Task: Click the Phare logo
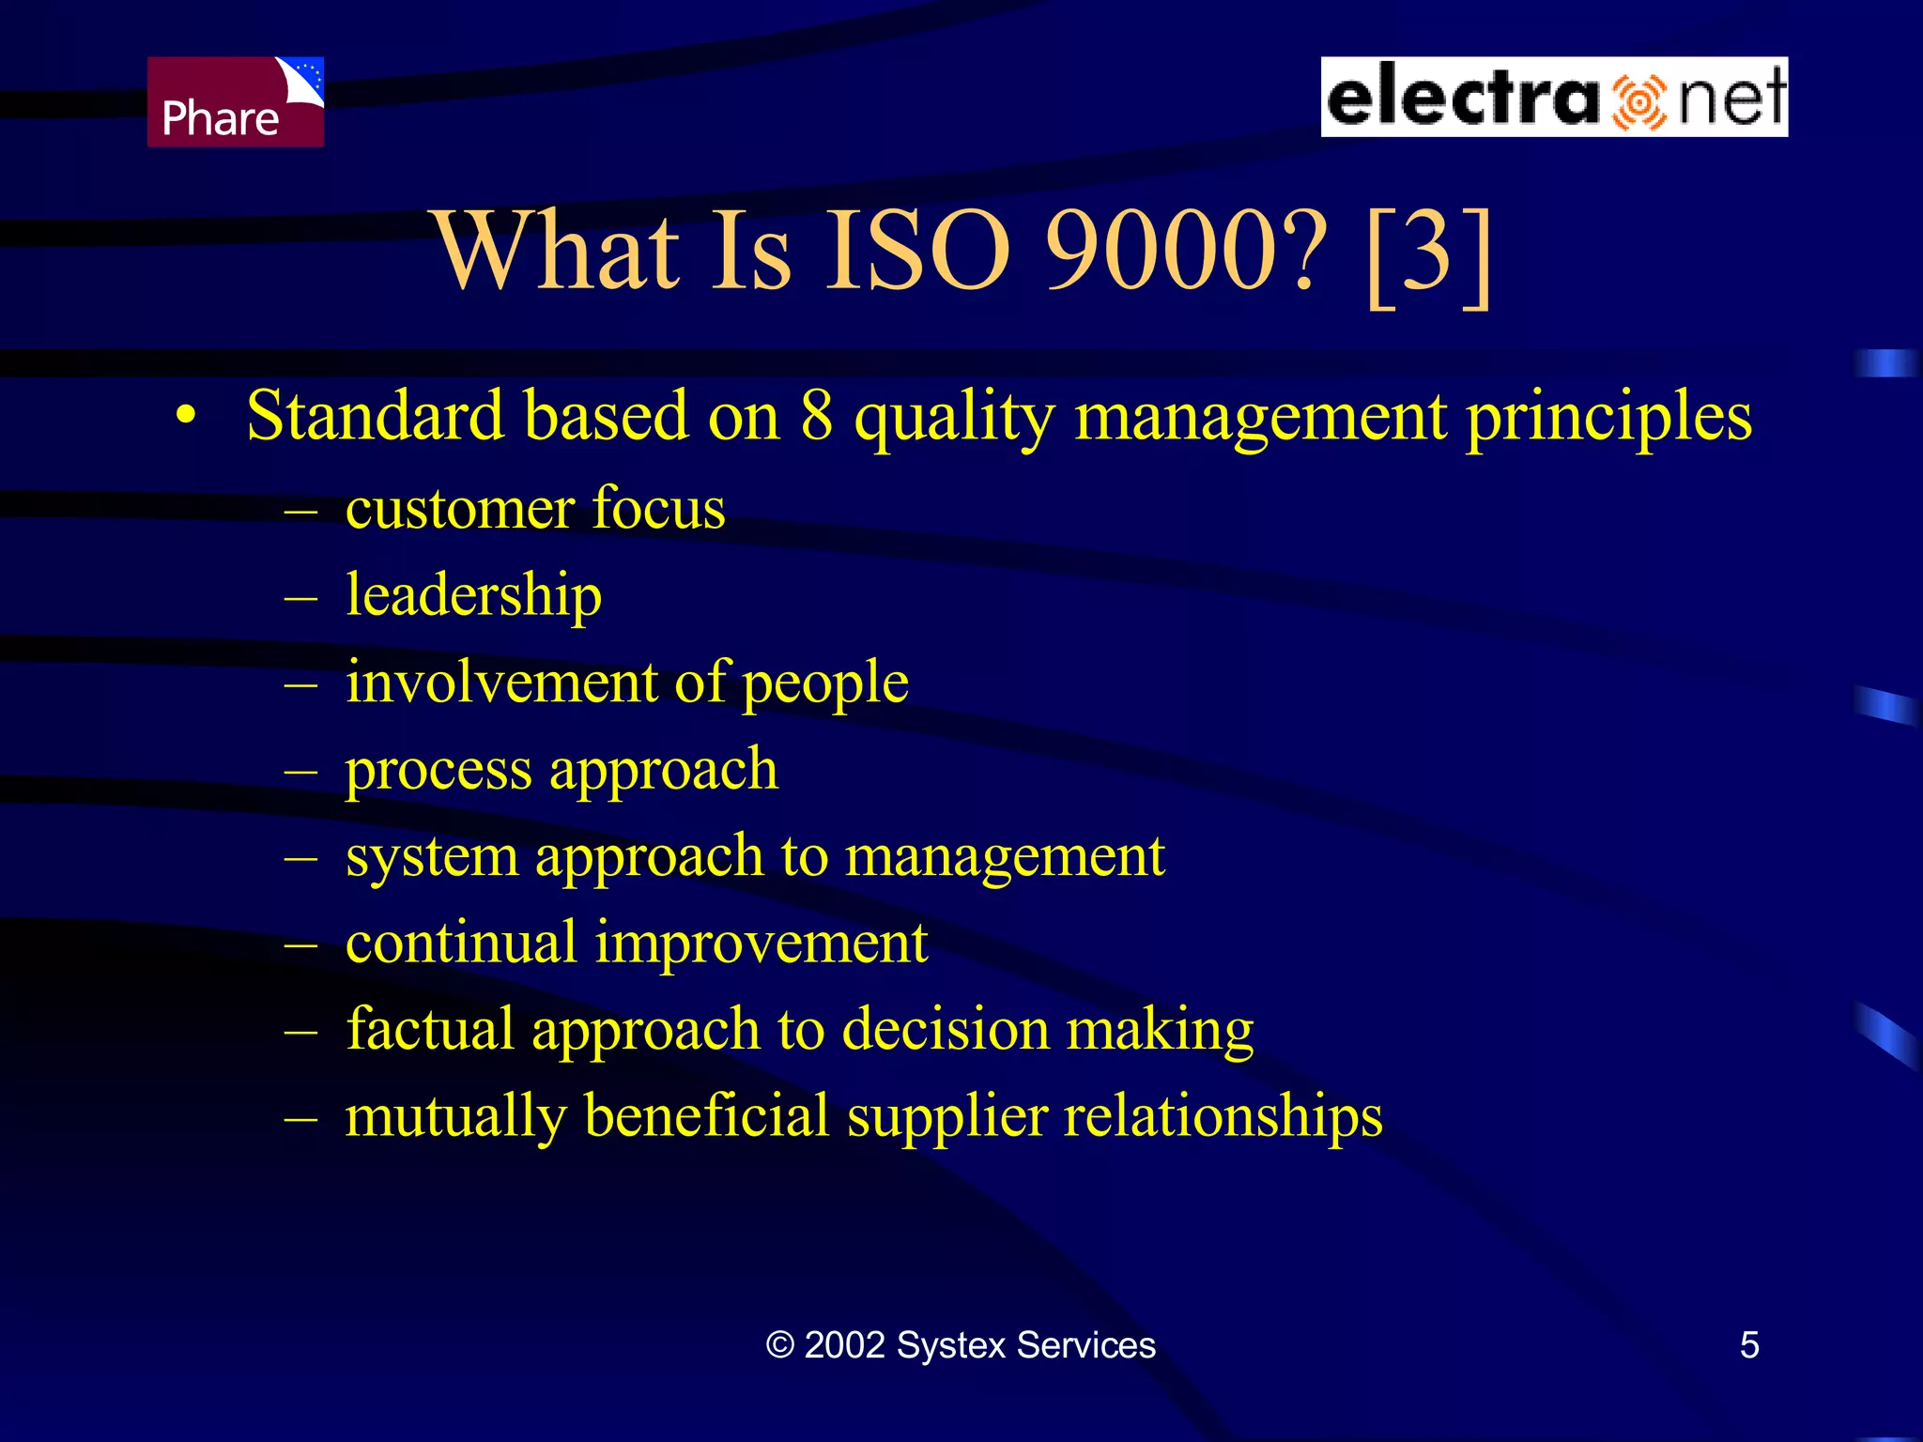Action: pyautogui.click(x=235, y=101)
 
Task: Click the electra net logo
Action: pyautogui.click(x=1554, y=97)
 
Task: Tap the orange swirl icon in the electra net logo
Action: pyautogui.click(x=1638, y=101)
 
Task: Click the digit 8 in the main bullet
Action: pyautogui.click(x=816, y=416)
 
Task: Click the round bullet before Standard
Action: pyautogui.click(x=187, y=416)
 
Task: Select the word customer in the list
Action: pyautogui.click(x=459, y=510)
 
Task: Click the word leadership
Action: pyautogui.click(x=473, y=596)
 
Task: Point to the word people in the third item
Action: pyautogui.click(x=825, y=683)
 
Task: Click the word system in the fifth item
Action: pyautogui.click(x=431, y=858)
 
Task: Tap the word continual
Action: pyautogui.click(x=460, y=943)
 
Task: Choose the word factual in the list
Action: pyautogui.click(x=430, y=1029)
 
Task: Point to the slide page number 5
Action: pyautogui.click(x=1748, y=1345)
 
